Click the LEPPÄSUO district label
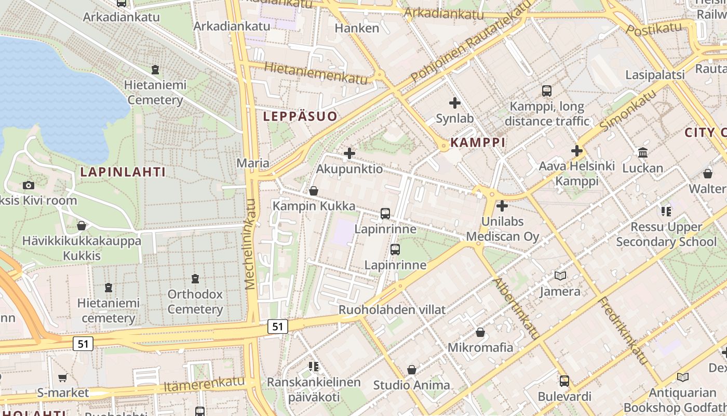300,116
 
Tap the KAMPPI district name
478,142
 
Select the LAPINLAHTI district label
123,172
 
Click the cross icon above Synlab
455,103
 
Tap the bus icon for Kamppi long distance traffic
546,91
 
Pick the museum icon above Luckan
643,153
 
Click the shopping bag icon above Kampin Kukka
314,191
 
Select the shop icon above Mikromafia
480,332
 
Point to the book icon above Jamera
560,276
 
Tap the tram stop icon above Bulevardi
564,381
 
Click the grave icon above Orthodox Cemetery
195,279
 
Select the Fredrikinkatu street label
624,330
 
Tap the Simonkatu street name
628,109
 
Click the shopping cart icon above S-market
63,378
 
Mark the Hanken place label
357,28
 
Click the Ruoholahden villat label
392,310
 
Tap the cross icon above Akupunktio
349,153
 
